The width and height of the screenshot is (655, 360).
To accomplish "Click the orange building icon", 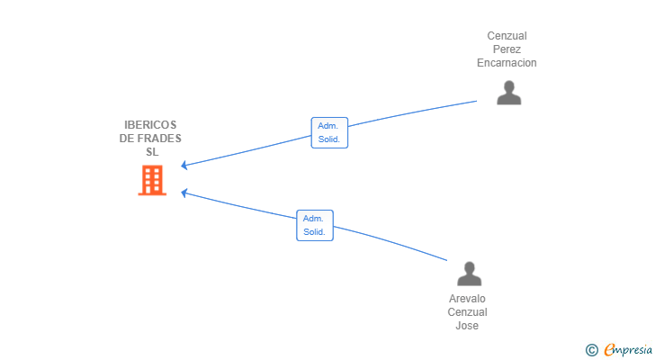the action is (152, 180).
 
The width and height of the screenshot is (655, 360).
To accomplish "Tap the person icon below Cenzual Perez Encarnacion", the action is (509, 93).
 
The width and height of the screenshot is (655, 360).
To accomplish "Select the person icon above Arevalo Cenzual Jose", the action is (469, 274).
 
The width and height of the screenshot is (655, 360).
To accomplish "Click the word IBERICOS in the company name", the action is (150, 125).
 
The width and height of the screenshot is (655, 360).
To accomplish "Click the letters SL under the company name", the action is (152, 151).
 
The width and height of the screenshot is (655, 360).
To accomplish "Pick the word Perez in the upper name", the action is (507, 49).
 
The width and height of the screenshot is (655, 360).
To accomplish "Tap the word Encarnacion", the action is (507, 63).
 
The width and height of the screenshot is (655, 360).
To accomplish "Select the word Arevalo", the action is (467, 299).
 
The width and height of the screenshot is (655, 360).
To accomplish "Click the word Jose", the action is (467, 325).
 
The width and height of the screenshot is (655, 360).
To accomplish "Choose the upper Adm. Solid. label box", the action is (329, 133).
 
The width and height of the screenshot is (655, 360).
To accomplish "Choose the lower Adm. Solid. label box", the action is (315, 226).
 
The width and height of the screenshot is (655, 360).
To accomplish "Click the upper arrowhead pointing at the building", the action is (184, 166).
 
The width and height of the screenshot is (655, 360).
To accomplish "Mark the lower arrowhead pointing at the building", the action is (184, 193).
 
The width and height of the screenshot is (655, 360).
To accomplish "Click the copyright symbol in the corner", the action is (591, 350).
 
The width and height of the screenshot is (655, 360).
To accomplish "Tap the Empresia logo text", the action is (628, 349).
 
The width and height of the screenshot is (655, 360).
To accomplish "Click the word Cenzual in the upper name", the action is (507, 36).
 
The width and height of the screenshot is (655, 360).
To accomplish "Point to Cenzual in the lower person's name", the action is (467, 312).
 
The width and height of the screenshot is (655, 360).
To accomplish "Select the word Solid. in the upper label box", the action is (329, 139).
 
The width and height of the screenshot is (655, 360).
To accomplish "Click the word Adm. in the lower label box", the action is (313, 219).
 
